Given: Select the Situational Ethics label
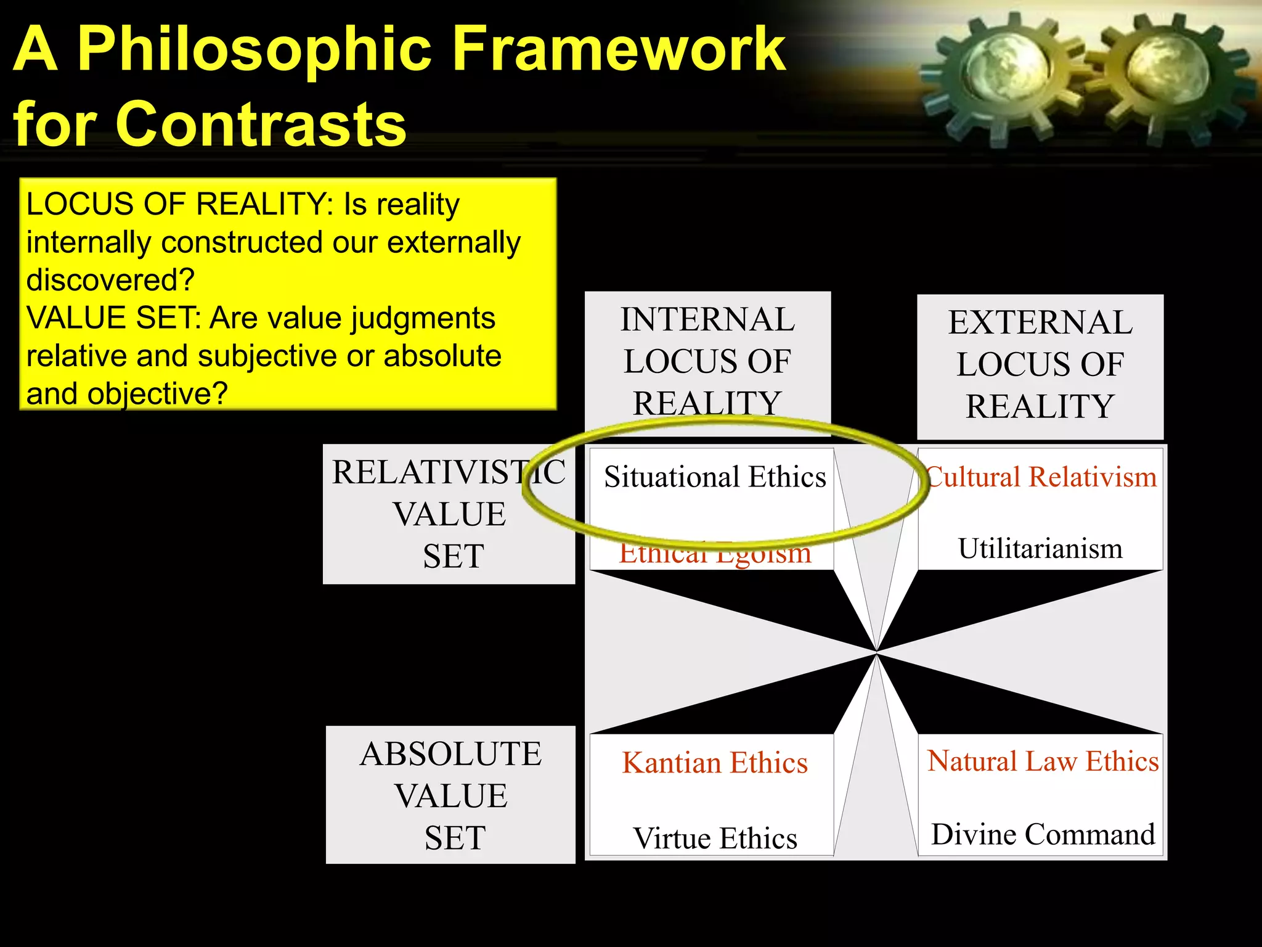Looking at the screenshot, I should pos(715,477).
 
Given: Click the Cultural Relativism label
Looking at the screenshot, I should pos(1041,477).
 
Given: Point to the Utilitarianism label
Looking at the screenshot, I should pos(1040,549).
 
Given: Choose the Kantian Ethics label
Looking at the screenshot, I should pos(715,763).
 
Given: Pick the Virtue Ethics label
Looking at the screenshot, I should pos(715,838).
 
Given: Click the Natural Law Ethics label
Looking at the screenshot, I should pos(1043,761).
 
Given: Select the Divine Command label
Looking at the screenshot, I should pos(1043,834).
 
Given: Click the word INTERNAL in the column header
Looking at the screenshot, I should pos(707,319).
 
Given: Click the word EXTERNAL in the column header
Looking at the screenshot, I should pos(1040,322).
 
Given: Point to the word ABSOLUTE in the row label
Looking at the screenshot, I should pos(450,754).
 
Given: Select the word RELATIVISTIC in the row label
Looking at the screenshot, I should pos(448,472).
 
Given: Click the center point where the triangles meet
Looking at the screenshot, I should pos(876,652).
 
